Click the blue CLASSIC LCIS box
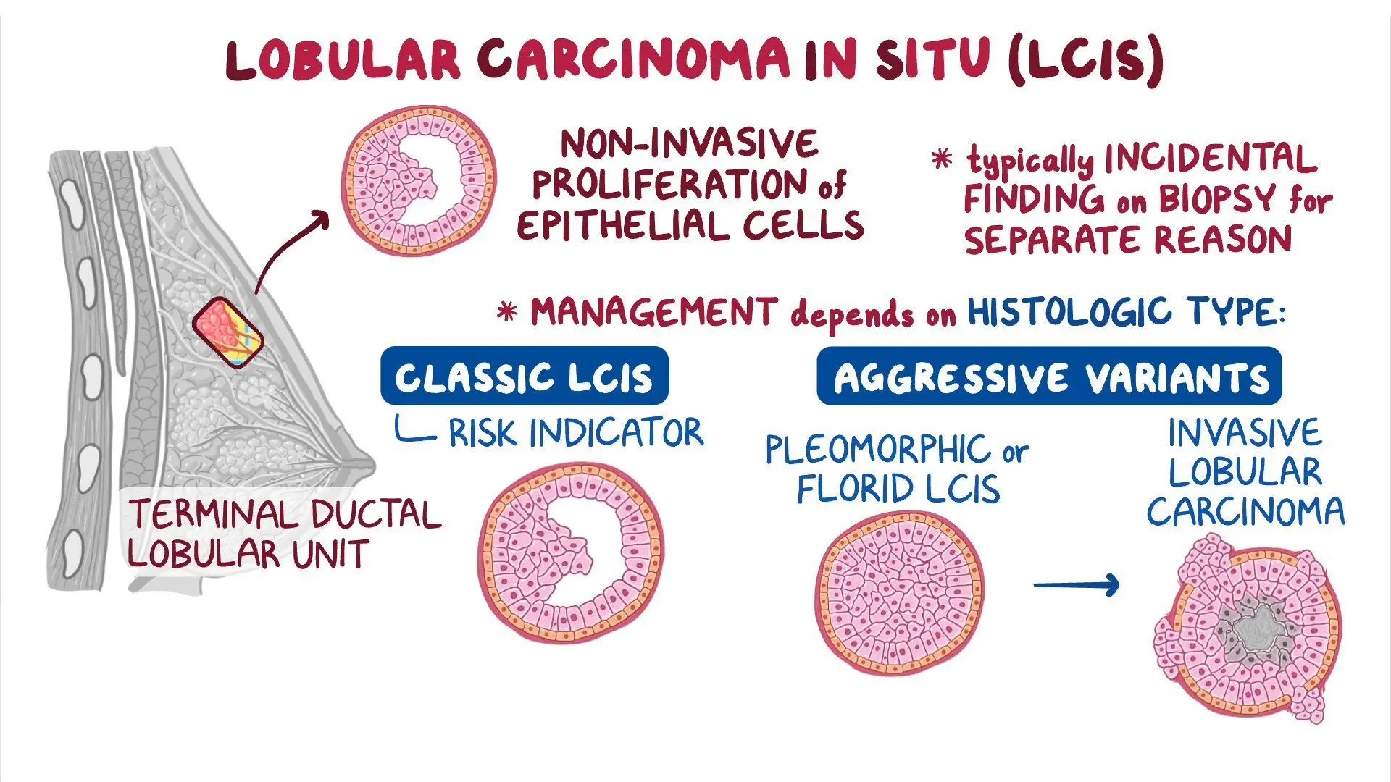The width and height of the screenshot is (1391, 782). pyautogui.click(x=524, y=376)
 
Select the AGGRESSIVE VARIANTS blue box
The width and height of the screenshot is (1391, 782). pyautogui.click(x=1049, y=377)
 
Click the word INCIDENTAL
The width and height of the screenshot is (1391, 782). pyautogui.click(x=1210, y=159)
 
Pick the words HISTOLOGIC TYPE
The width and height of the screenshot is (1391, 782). pyautogui.click(x=1125, y=312)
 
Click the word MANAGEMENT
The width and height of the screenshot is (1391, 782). pyautogui.click(x=654, y=313)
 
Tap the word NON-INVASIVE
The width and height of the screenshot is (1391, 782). pyautogui.click(x=690, y=143)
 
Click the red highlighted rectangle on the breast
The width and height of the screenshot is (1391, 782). pyautogui.click(x=228, y=332)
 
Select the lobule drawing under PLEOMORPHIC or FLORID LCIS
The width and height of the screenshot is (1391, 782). pyautogui.click(x=900, y=592)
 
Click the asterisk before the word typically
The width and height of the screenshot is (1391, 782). pyautogui.click(x=941, y=159)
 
